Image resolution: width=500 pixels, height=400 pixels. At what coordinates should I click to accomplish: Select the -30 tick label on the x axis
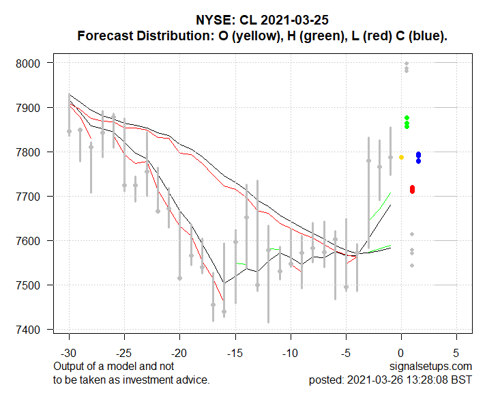69,354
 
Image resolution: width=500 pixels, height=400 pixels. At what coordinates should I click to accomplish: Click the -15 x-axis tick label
235,354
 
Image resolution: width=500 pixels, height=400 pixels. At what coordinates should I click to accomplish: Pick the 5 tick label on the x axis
456,354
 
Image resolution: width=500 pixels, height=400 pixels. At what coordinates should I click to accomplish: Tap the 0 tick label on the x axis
401,354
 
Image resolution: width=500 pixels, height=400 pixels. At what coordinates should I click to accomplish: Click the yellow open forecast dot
401,158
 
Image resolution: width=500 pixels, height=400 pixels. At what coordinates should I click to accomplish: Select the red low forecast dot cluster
412,189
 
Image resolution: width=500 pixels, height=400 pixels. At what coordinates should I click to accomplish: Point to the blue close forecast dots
418,157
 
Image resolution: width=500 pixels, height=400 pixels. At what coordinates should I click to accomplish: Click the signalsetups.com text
432,367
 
